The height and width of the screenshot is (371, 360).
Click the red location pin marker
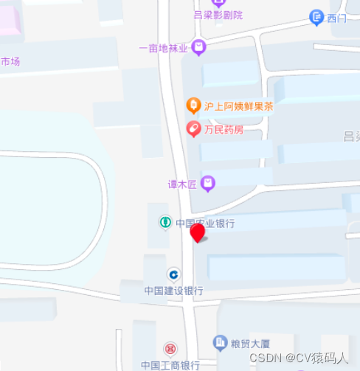(197, 232)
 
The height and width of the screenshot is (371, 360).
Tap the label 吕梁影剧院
(218, 15)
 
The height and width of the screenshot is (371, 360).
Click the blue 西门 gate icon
(316, 17)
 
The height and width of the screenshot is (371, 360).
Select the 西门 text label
(336, 17)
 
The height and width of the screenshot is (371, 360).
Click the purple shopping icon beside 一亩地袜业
(198, 48)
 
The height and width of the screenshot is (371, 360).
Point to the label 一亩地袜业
(164, 49)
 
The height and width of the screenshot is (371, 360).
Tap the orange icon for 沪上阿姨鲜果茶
(193, 106)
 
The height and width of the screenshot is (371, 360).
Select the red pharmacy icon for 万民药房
(193, 129)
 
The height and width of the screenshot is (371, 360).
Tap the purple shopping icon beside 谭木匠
(209, 182)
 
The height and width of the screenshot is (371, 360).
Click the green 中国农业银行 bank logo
(167, 222)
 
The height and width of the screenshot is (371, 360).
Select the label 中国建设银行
(173, 291)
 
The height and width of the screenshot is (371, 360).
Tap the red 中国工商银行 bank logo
(170, 348)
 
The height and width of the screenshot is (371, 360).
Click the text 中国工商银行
(170, 364)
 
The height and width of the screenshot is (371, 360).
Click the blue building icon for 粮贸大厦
(219, 341)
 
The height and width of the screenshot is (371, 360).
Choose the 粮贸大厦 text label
(252, 342)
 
